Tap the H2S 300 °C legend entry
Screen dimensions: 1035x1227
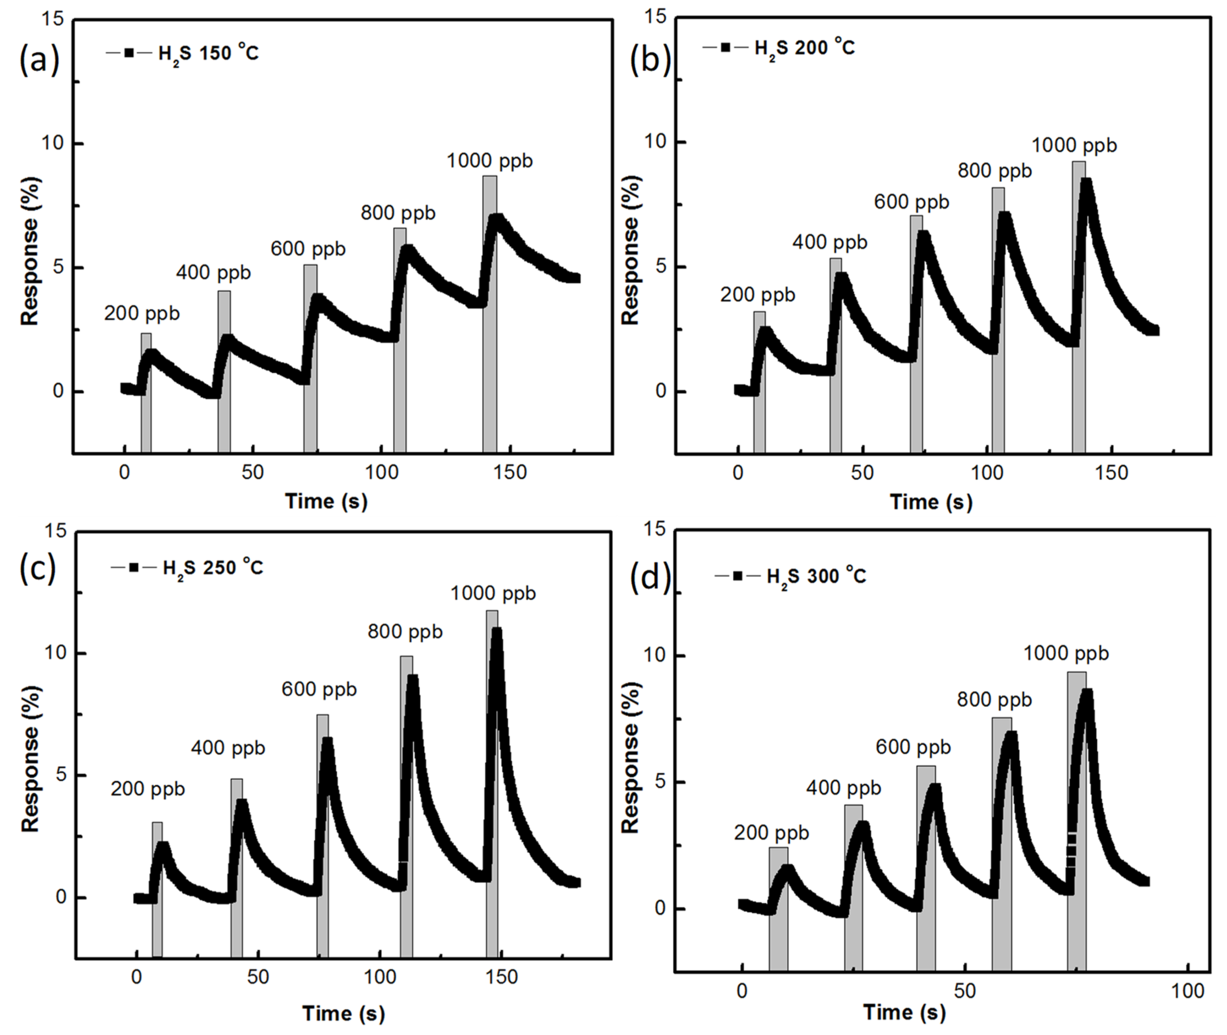point(790,576)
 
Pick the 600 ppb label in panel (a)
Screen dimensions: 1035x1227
point(308,249)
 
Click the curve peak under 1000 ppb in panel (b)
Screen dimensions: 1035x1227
point(1086,183)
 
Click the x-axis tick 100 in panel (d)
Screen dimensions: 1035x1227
point(1187,991)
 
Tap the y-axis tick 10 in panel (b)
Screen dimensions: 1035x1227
point(655,142)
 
